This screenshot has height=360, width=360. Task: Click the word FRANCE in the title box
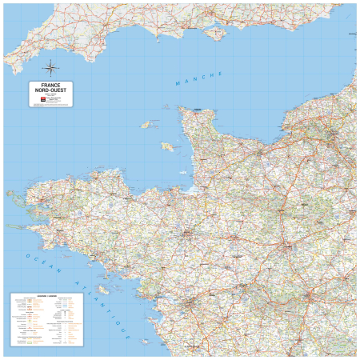point(51,86)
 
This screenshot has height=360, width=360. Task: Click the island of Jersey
point(168,147)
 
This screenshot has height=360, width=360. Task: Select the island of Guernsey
point(146,125)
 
